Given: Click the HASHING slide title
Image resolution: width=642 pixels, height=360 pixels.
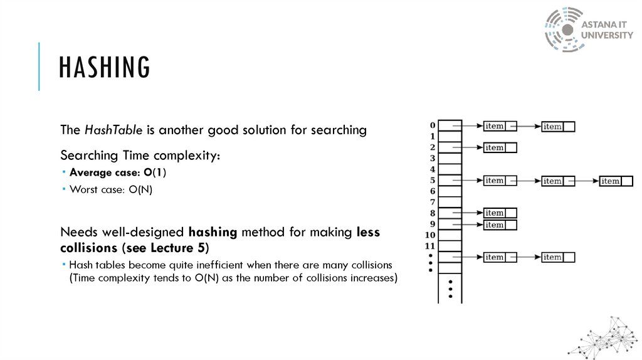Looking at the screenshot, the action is coord(105,68).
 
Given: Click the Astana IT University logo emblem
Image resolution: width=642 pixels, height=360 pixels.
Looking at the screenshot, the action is coord(564,29).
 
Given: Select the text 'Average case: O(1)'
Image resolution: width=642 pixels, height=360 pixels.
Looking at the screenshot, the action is coord(118,172).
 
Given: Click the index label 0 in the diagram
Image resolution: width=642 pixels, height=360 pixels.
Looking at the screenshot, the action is coord(433,125).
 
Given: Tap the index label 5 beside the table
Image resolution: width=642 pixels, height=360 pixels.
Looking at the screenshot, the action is coord(433,180).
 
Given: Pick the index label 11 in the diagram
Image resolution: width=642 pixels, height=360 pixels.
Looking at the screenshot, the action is coord(430,245).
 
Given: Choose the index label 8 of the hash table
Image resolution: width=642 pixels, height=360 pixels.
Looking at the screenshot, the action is coord(433,213).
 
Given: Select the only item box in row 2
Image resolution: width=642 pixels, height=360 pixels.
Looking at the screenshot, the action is coord(500,148).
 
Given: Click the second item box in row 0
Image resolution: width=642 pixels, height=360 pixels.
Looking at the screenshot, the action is coord(558,127).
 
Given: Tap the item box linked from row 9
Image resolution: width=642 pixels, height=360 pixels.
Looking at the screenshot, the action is coord(500,225).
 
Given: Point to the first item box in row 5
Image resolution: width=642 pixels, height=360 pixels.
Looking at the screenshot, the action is coord(500,181).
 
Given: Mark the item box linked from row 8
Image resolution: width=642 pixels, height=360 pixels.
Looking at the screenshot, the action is coord(500,213).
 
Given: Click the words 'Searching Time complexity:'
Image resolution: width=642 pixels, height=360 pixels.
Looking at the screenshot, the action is coord(140,155).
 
